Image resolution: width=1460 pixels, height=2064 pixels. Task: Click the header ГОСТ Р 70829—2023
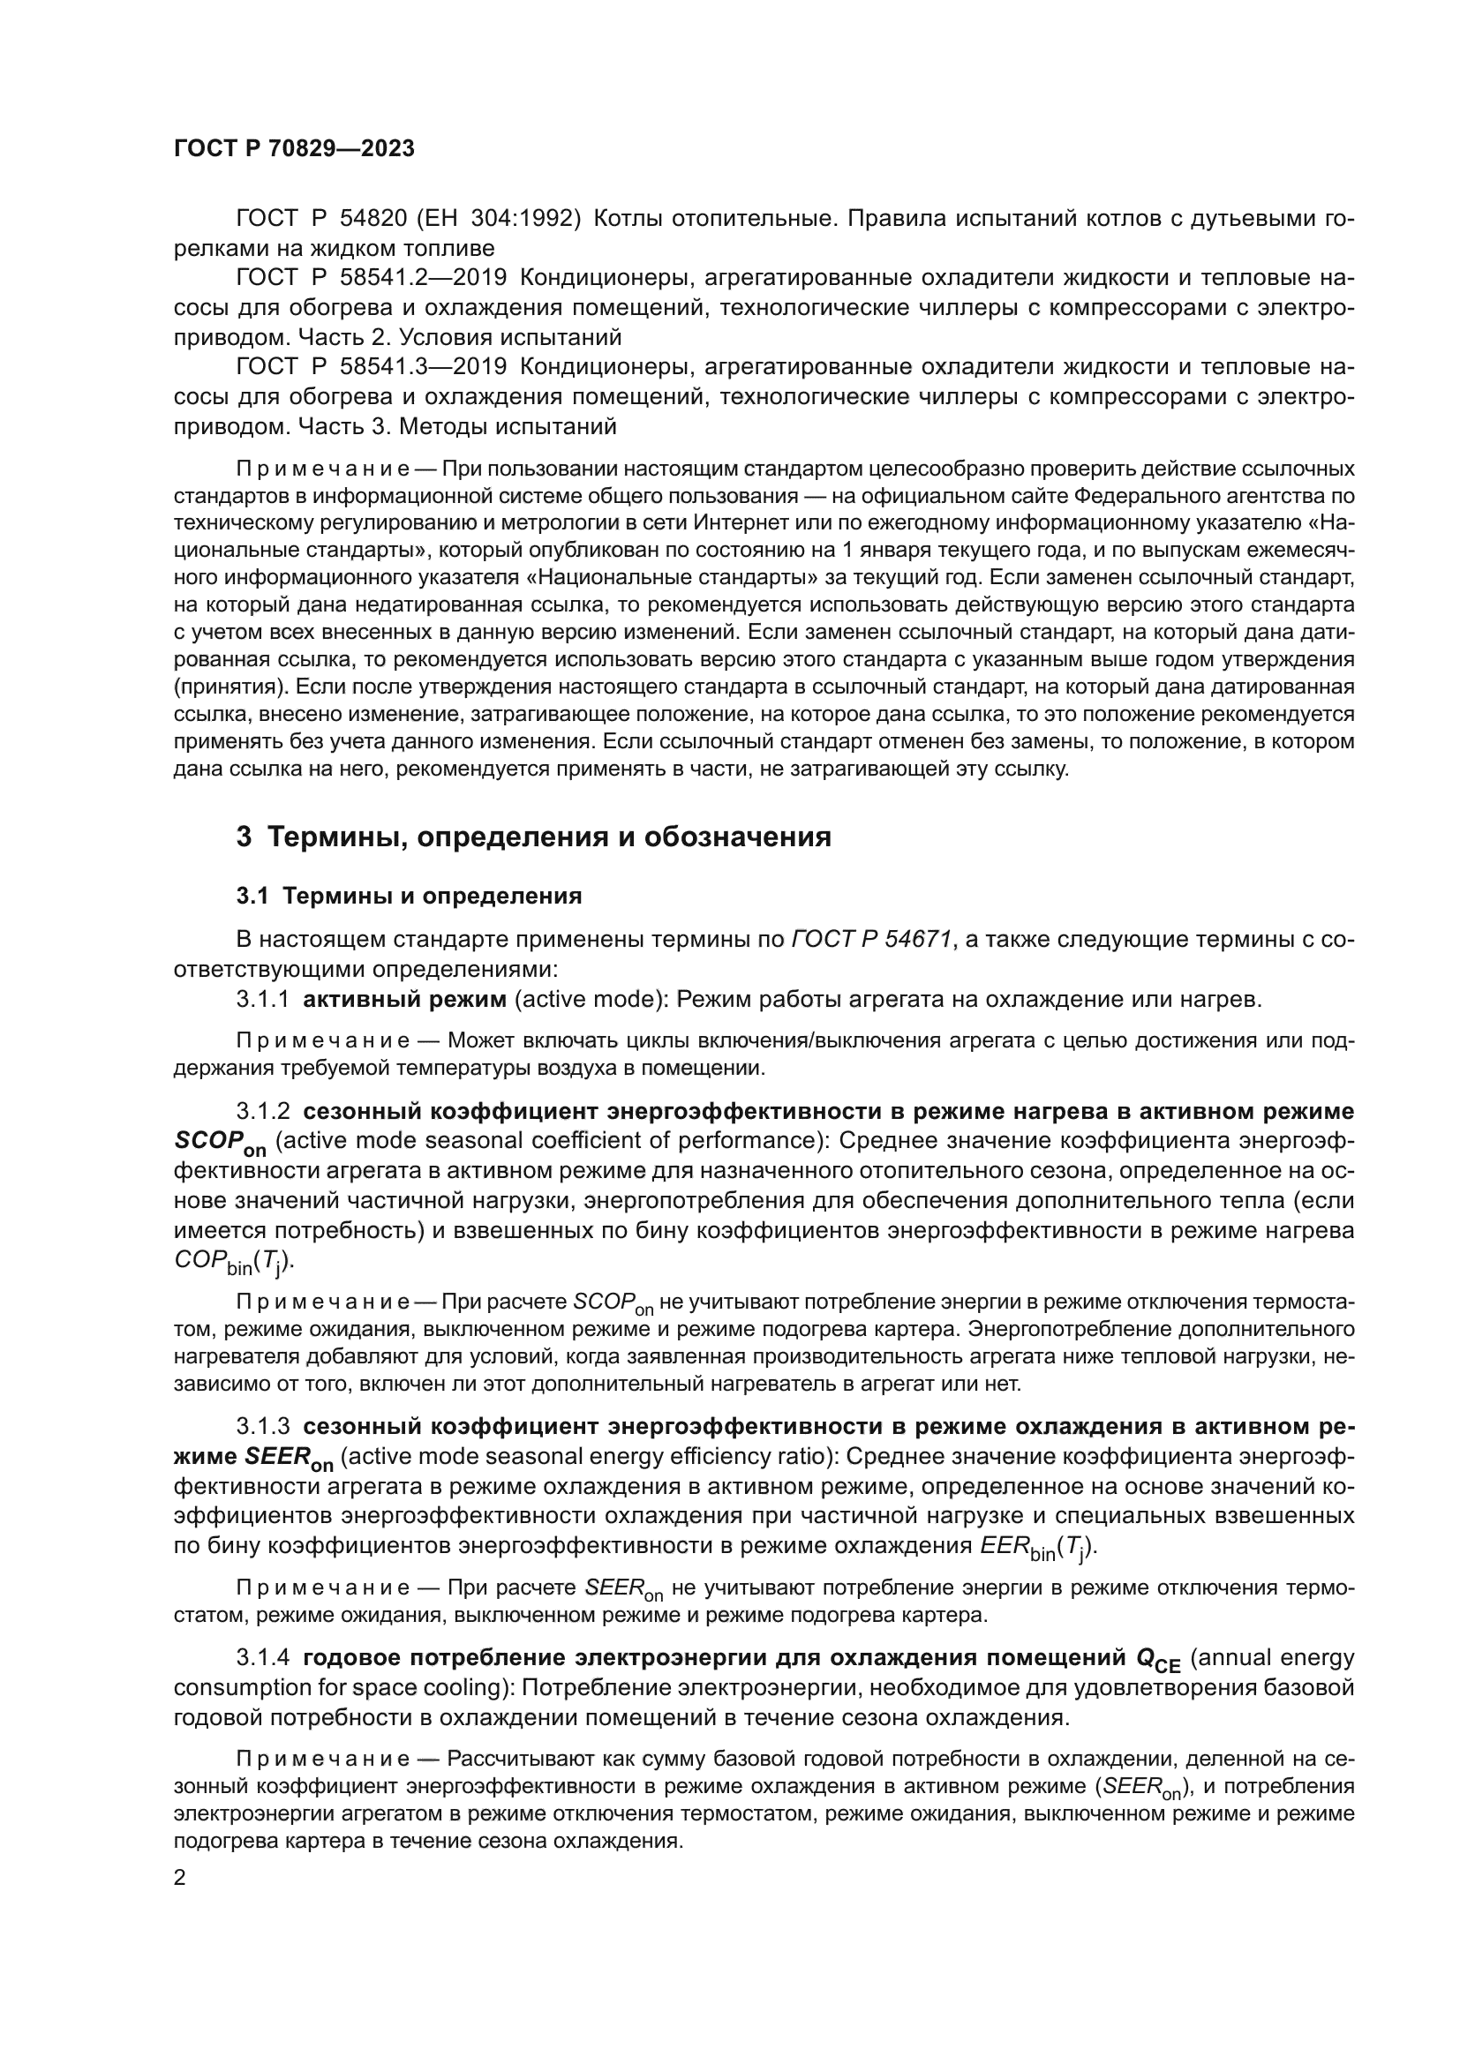coord(294,149)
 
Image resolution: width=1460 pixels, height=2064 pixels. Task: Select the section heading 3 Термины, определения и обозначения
coord(533,837)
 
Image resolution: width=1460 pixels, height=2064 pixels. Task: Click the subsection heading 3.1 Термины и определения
coord(409,897)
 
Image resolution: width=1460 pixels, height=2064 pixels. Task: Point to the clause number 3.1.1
coord(262,1000)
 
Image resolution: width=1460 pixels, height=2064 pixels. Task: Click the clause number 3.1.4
coord(262,1658)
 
